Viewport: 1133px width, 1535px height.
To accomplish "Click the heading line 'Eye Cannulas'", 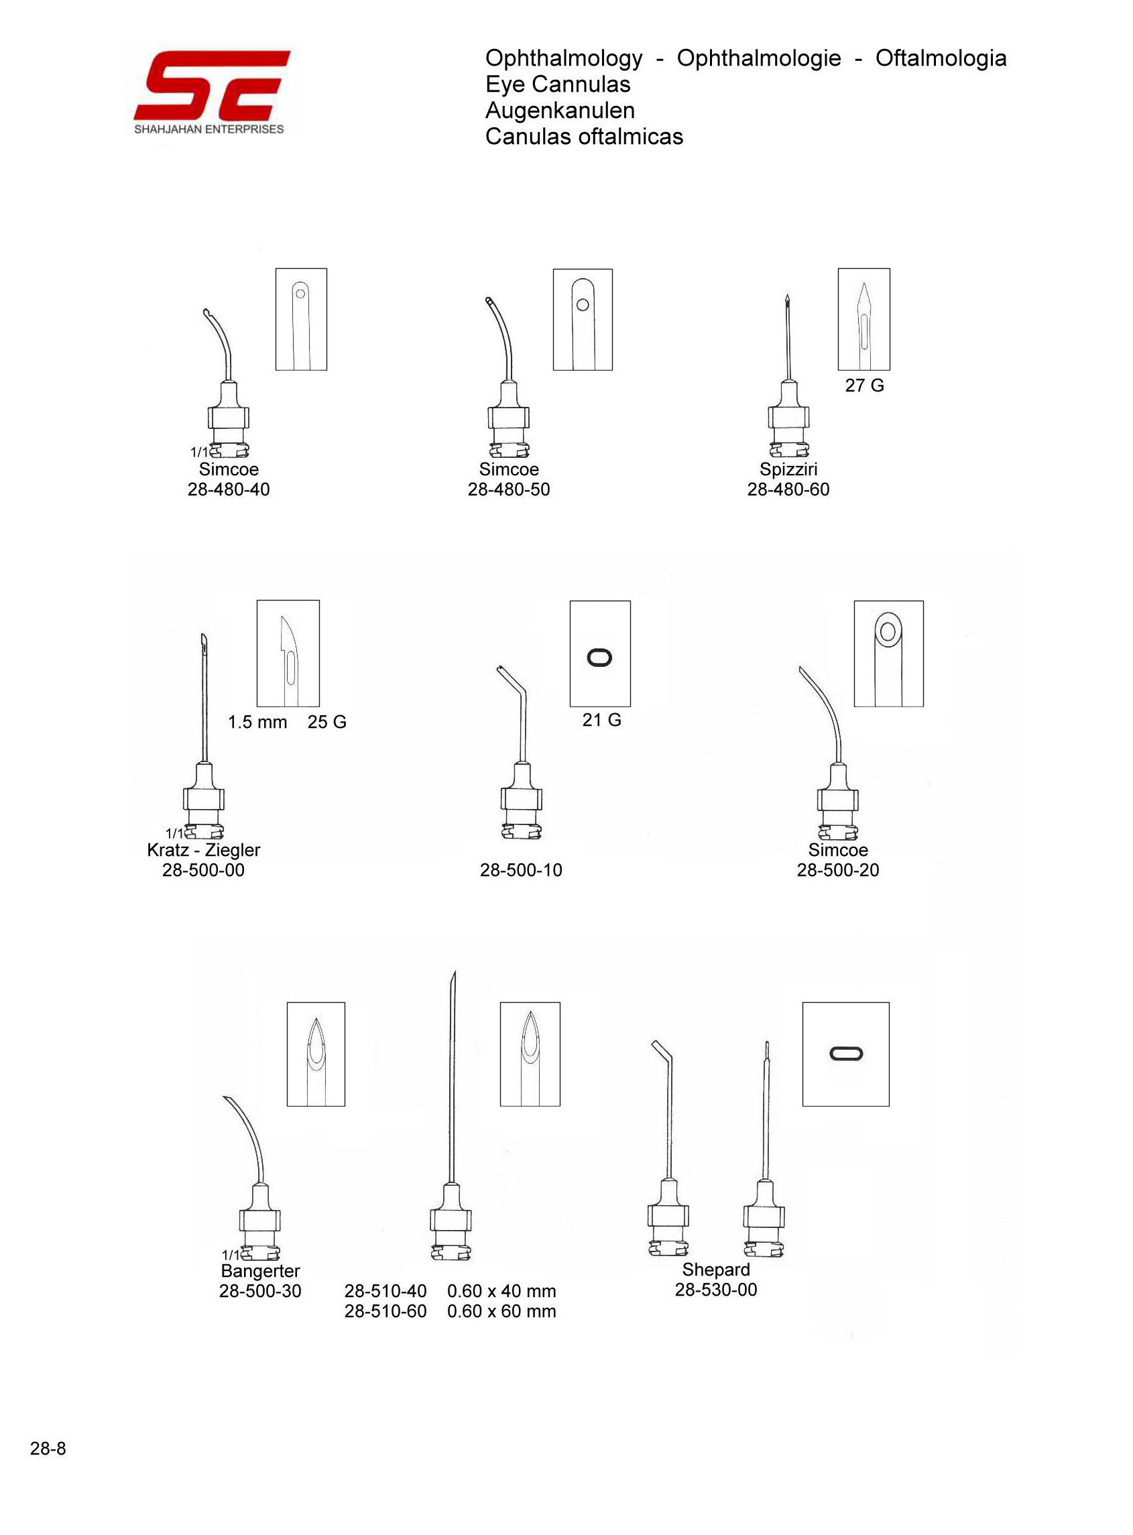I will click(x=557, y=84).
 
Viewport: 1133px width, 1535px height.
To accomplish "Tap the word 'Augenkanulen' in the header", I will click(x=560, y=111).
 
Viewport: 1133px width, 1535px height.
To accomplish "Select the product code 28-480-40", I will click(x=229, y=489).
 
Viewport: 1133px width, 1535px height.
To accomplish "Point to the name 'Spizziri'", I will click(x=788, y=470).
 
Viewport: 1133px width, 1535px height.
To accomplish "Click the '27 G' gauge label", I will click(x=864, y=386).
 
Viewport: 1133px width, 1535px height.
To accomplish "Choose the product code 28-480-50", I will click(x=508, y=489).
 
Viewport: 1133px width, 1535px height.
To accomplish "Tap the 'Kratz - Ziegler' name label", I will click(x=204, y=850).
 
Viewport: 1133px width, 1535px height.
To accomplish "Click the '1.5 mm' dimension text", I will click(x=257, y=722).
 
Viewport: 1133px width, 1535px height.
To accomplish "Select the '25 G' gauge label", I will click(x=326, y=722).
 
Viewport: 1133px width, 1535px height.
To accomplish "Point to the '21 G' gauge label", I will click(x=601, y=720).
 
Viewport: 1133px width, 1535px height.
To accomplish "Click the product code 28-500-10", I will click(x=520, y=870).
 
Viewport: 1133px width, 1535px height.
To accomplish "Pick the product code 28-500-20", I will click(x=837, y=870).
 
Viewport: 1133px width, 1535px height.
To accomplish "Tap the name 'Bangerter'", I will click(x=260, y=1271).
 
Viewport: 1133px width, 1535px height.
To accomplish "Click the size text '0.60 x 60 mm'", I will click(x=501, y=1311).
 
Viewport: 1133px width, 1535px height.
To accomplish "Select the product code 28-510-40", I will click(x=385, y=1291).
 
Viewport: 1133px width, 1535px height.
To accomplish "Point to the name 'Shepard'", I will click(x=715, y=1270).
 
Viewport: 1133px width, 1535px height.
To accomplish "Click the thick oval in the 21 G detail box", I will click(x=600, y=658).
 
